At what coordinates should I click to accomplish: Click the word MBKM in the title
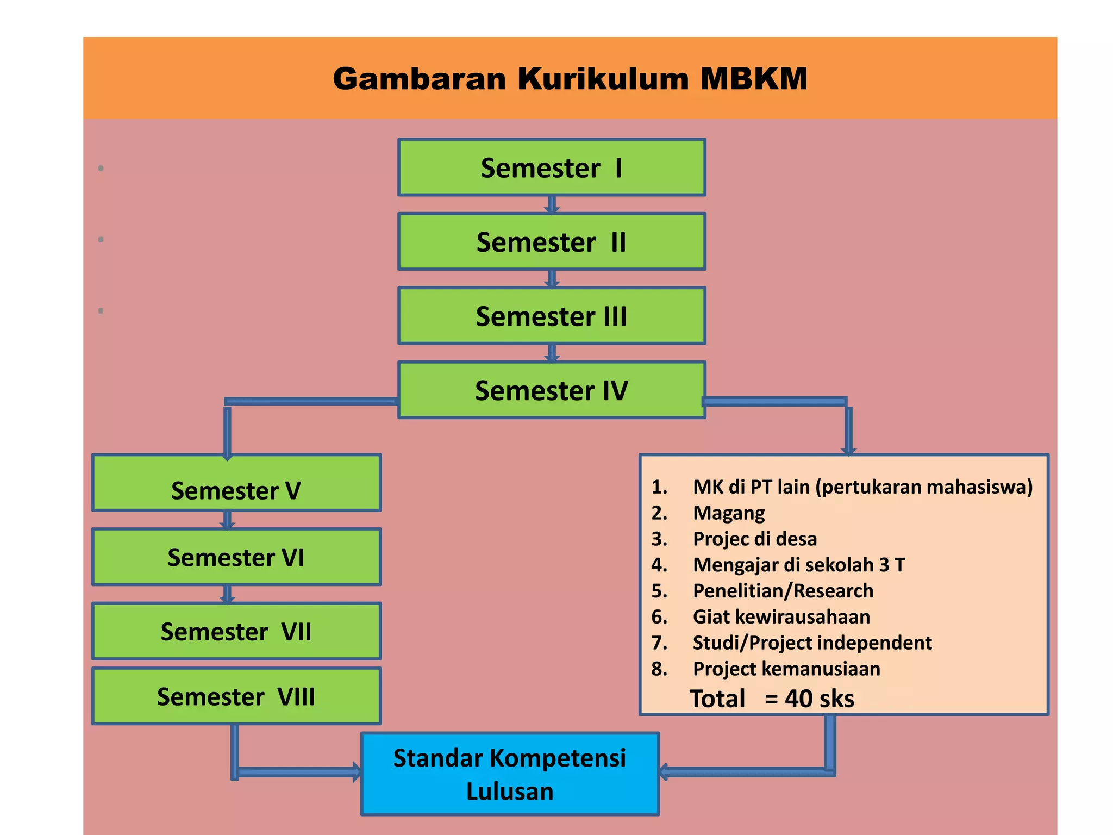click(753, 79)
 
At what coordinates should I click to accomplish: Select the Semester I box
click(551, 167)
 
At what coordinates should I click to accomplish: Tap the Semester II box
click(551, 242)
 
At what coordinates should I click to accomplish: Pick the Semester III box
click(551, 316)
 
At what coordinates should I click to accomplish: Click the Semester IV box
click(551, 390)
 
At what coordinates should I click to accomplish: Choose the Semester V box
click(236, 483)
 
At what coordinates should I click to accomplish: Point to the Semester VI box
click(236, 557)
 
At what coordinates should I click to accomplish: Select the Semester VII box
click(236, 631)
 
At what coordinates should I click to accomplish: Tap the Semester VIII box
click(236, 696)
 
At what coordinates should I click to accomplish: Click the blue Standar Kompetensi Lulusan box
click(510, 774)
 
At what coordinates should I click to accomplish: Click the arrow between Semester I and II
click(552, 204)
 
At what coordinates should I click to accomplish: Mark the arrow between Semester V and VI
click(227, 520)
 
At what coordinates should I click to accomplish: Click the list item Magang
click(728, 513)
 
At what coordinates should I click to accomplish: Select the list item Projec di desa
click(754, 539)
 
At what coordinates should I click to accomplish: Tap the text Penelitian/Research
click(783, 591)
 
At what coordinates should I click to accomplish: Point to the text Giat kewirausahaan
click(781, 617)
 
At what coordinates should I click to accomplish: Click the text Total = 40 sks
click(772, 699)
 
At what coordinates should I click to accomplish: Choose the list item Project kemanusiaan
click(786, 669)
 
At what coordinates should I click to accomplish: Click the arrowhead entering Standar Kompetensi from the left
click(356, 772)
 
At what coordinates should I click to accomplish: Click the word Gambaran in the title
click(419, 79)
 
